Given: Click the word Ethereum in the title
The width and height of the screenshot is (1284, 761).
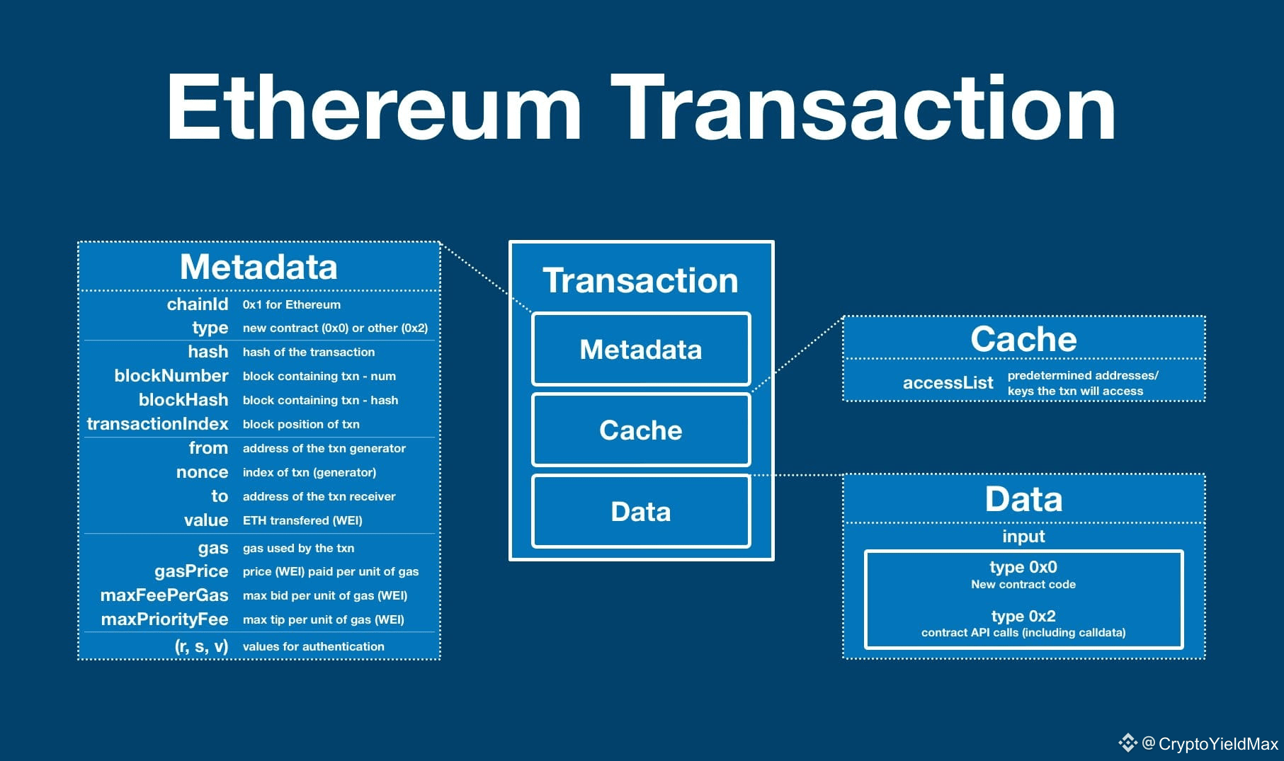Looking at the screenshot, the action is click(x=373, y=108).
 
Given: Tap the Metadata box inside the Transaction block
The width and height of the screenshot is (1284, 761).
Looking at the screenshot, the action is click(x=640, y=349).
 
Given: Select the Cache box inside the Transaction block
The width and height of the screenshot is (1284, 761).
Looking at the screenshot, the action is click(x=640, y=430).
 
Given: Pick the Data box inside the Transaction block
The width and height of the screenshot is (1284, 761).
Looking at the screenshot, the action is click(x=640, y=511).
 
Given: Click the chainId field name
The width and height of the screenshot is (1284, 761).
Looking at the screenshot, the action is click(x=197, y=304).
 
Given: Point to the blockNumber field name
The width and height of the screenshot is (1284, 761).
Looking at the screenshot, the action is click(x=171, y=376).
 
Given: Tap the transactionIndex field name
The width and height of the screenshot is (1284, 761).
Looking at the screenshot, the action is click(x=157, y=424).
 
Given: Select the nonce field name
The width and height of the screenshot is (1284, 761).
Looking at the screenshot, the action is click(x=202, y=472).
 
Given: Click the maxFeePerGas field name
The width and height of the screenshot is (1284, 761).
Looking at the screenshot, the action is click(x=164, y=595).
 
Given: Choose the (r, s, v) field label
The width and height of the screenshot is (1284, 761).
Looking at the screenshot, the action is click(x=201, y=646).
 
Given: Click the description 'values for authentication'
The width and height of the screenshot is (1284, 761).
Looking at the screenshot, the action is click(x=313, y=646).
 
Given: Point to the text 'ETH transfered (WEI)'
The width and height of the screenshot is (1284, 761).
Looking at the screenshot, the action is click(x=302, y=520).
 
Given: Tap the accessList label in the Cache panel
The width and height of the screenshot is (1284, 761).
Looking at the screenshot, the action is click(x=948, y=383).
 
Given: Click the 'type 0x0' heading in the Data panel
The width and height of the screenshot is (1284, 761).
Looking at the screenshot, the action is click(x=1023, y=567).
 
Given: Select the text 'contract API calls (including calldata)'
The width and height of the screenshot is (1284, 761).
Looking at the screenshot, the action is click(x=1023, y=633).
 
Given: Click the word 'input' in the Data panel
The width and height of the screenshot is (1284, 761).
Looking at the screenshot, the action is click(x=1023, y=537).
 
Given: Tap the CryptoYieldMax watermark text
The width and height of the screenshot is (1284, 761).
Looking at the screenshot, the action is click(x=1218, y=744).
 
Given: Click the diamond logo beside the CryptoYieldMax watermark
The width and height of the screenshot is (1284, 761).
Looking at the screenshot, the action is click(x=1127, y=743).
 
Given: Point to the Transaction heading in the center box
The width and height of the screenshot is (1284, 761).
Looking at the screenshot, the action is click(x=640, y=280).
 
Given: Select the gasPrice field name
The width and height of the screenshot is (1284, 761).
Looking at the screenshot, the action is click(x=191, y=571).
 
